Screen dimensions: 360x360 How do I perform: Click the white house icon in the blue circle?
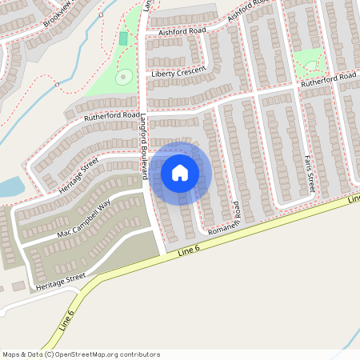pos(180,173)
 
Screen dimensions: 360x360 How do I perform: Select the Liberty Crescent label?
pos(178,73)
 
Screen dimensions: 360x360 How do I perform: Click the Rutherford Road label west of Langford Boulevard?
pos(111,116)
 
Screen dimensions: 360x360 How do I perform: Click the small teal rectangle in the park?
pos(123,38)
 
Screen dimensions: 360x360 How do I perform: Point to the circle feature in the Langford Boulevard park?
pos(123,78)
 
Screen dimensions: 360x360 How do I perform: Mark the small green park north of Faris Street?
pos(309,62)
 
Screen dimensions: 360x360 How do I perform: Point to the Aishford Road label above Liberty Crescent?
pos(183,30)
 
